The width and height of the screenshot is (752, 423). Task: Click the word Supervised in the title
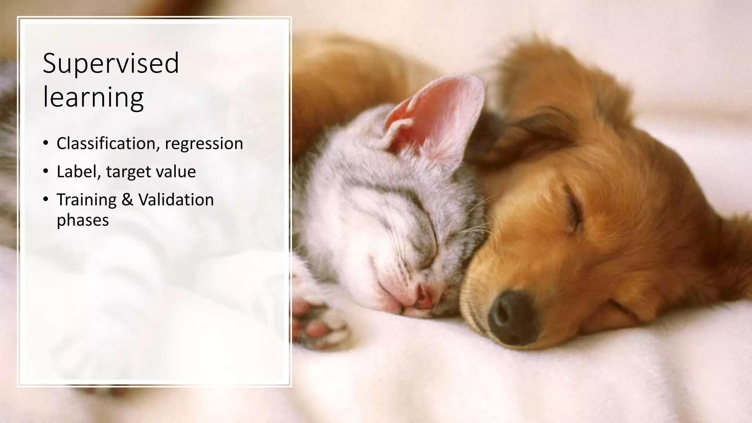pyautogui.click(x=111, y=64)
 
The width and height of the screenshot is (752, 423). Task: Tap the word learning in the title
pyautogui.click(x=93, y=97)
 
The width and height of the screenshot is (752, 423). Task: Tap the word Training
pyautogui.click(x=87, y=200)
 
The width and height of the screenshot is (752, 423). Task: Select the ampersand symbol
pyautogui.click(x=127, y=200)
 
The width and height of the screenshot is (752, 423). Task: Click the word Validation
pyautogui.click(x=176, y=200)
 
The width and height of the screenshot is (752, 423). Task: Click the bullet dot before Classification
pyautogui.click(x=46, y=143)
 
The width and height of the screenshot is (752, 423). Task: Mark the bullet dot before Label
pyautogui.click(x=46, y=171)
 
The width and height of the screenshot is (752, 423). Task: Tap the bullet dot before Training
pyautogui.click(x=46, y=200)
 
